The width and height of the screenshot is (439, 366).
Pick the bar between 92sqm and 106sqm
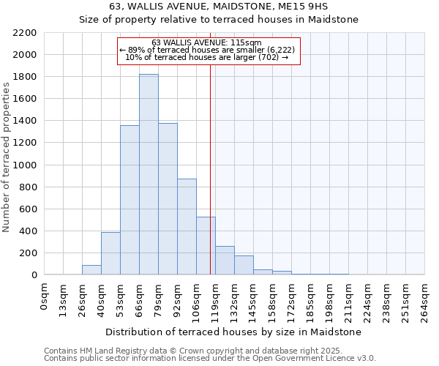(187, 227)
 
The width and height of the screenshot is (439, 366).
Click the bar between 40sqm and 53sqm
(110, 253)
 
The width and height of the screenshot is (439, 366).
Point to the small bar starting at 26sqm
(91, 269)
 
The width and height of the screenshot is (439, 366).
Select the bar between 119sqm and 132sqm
(225, 261)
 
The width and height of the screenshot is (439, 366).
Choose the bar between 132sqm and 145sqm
(244, 265)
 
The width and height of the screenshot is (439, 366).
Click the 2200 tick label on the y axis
(25, 33)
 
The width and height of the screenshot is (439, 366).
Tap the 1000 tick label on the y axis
(25, 165)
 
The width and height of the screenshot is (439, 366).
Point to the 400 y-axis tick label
(28, 231)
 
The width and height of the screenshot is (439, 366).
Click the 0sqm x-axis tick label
(45, 297)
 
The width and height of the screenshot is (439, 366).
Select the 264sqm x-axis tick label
(425, 300)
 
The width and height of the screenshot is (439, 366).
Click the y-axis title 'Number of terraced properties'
(7, 157)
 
